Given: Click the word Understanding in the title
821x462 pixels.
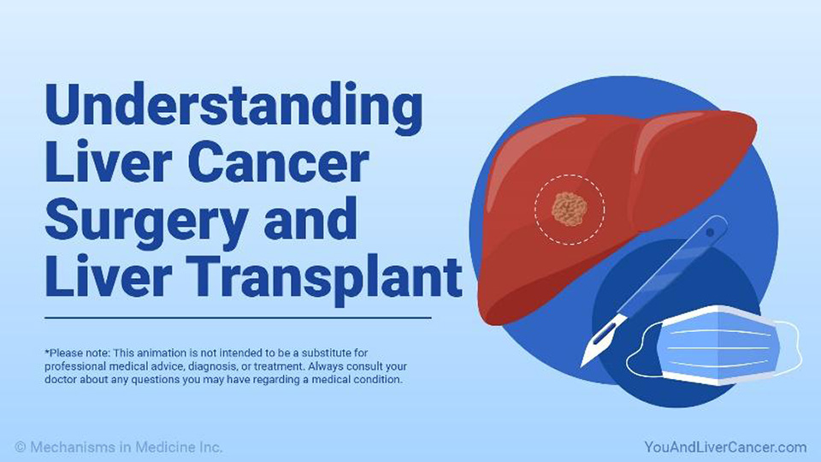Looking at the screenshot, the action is coord(233,110).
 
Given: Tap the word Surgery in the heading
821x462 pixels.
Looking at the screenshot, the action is coord(146,222).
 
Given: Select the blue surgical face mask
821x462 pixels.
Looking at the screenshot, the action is coord(713,345).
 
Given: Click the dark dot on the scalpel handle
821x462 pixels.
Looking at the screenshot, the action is coord(710,232).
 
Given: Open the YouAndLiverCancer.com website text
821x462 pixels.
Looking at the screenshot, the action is coord(725,447).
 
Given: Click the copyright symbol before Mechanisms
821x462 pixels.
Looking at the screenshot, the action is coord(21,447).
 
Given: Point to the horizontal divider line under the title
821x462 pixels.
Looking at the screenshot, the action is coord(239,317).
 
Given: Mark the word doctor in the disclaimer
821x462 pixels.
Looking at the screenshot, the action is coord(60,379).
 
